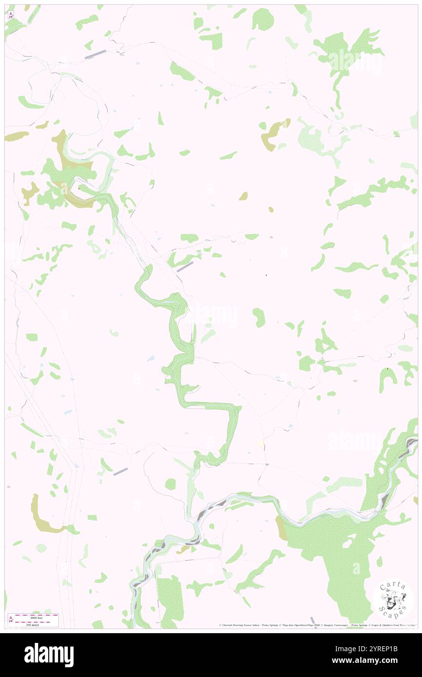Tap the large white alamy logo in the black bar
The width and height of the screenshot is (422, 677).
49,655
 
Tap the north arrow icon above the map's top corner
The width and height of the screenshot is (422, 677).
11,15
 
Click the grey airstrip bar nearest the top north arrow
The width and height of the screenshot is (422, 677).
95,55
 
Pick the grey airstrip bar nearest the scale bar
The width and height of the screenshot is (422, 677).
120,471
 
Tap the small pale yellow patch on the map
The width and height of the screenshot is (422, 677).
261,443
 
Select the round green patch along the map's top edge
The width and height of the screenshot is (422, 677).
263,19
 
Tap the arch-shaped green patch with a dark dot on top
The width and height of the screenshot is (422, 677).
388,377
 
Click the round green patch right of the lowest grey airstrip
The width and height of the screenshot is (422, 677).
170,484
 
